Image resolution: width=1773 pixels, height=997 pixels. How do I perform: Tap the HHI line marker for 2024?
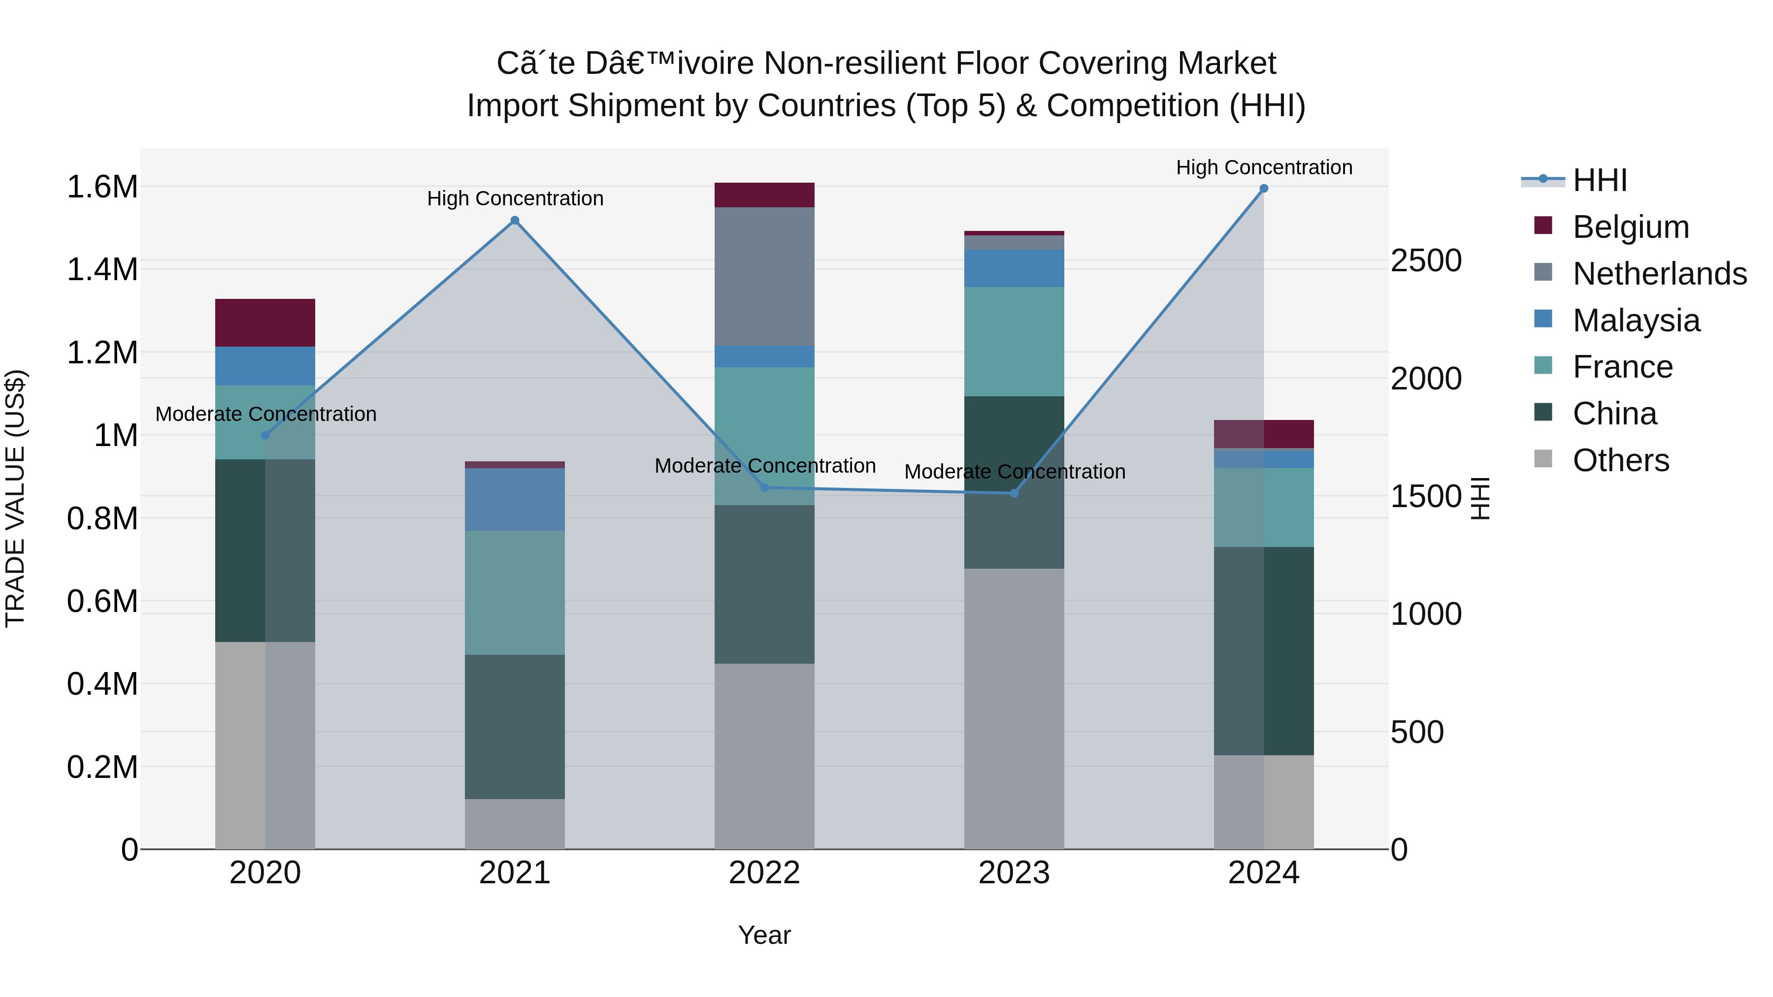(1264, 189)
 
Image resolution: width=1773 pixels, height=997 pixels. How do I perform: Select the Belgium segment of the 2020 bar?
(265, 322)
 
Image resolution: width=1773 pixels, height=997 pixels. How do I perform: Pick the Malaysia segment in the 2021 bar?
(515, 500)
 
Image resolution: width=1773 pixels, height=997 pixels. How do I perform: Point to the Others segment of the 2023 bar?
(1014, 708)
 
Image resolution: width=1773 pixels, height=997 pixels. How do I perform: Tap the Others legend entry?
(1620, 460)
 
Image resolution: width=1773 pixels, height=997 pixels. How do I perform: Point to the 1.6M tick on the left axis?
(102, 187)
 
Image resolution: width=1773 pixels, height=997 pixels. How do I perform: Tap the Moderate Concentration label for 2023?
(1015, 472)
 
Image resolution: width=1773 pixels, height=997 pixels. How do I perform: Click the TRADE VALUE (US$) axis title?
(15, 498)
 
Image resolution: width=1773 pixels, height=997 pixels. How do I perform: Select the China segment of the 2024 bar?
(1264, 651)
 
